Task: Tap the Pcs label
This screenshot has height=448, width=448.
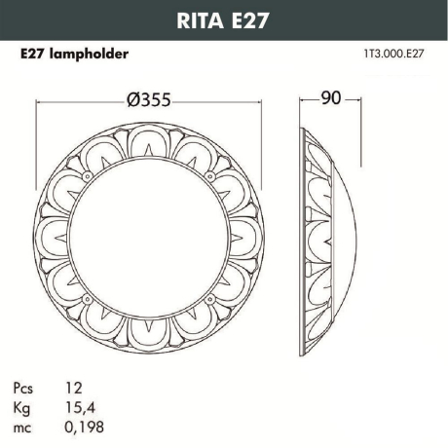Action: [x=29, y=390]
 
